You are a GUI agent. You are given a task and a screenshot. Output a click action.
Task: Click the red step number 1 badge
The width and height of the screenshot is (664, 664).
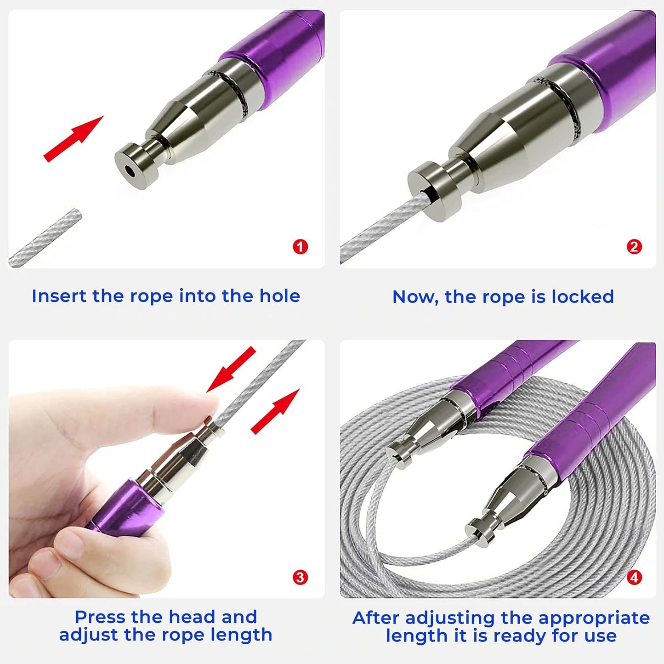click(x=300, y=247)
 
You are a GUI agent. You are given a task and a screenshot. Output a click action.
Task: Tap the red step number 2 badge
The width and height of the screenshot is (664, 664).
click(x=634, y=247)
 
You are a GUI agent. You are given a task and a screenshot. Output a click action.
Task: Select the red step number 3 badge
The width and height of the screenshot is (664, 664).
click(x=300, y=577)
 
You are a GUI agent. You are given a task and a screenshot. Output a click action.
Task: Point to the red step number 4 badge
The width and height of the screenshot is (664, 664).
click(x=634, y=577)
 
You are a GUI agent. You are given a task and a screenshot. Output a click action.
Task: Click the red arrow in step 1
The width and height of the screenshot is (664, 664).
click(x=74, y=139)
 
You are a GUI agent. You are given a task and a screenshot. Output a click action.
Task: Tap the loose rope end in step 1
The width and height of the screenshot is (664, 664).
click(x=45, y=238)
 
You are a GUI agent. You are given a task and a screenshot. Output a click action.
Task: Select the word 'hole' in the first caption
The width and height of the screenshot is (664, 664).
click(x=279, y=296)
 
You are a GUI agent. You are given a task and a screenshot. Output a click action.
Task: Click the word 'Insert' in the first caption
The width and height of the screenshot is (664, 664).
click(x=59, y=296)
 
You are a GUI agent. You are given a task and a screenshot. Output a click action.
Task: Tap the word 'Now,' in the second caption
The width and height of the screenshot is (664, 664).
click(x=415, y=297)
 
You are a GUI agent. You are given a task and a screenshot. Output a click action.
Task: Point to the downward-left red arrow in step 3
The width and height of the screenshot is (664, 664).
click(x=231, y=369)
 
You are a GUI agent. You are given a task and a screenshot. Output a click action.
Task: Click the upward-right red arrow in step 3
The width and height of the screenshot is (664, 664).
click(x=275, y=411)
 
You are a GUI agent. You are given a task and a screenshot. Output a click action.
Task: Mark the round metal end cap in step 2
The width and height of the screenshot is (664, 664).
click(x=435, y=191)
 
